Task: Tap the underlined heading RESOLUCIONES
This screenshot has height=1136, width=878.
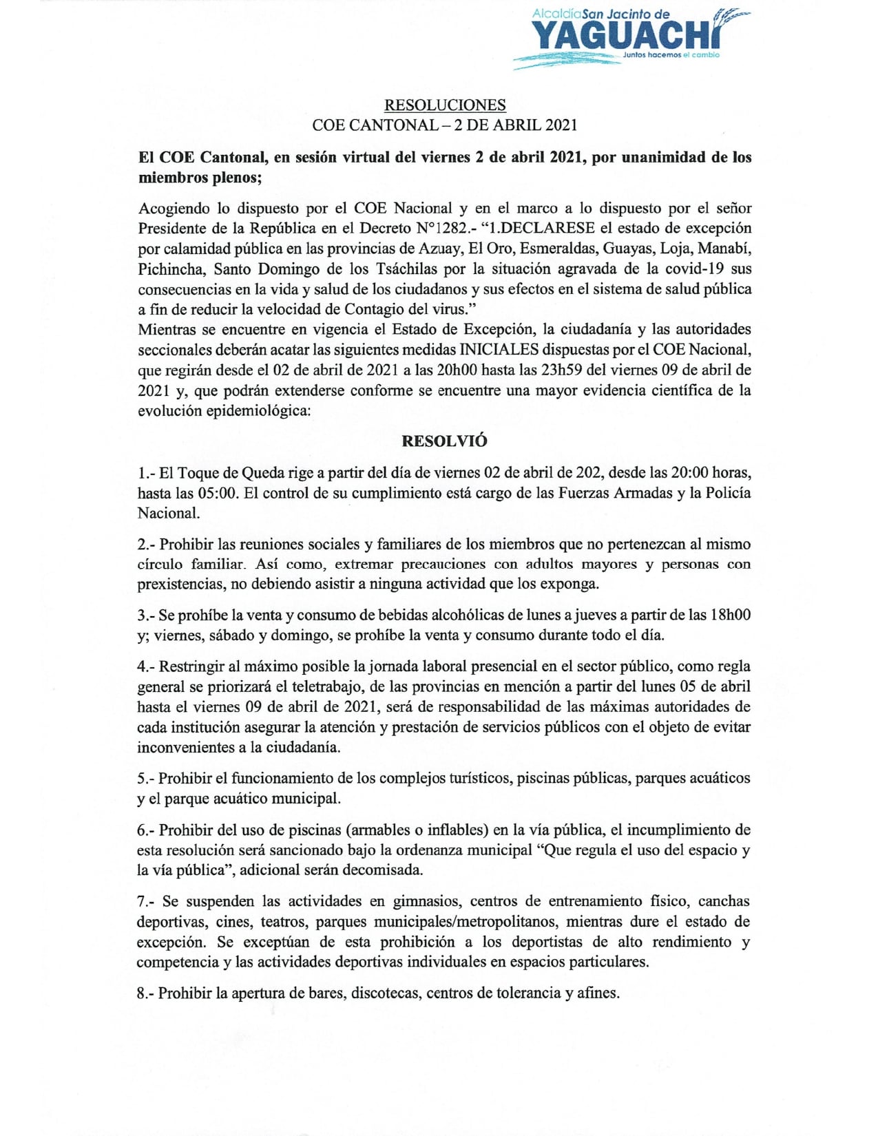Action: pyautogui.click(x=445, y=105)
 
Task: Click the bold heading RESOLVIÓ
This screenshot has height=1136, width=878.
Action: pyautogui.click(x=444, y=441)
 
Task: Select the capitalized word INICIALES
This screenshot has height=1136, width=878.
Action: pyautogui.click(x=503, y=350)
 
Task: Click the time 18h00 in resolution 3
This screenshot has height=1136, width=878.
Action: pyautogui.click(x=730, y=615)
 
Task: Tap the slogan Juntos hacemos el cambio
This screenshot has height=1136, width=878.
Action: pyautogui.click(x=671, y=55)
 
